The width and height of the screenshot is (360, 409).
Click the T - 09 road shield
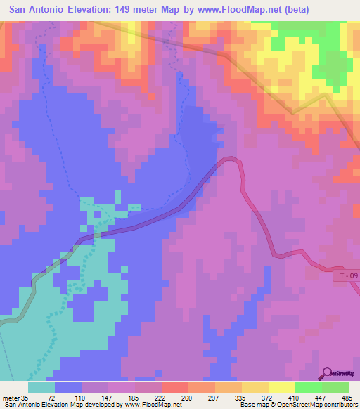click(x=345, y=276)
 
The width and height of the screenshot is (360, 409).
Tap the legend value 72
click(x=51, y=396)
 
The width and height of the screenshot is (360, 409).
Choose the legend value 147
click(x=104, y=396)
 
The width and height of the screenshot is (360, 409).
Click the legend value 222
click(x=156, y=396)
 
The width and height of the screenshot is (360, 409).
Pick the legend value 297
click(x=209, y=396)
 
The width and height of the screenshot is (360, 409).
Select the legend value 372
click(x=262, y=396)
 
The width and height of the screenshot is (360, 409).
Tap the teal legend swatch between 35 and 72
click(x=41, y=387)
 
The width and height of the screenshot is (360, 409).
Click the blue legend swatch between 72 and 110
click(x=68, y=387)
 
